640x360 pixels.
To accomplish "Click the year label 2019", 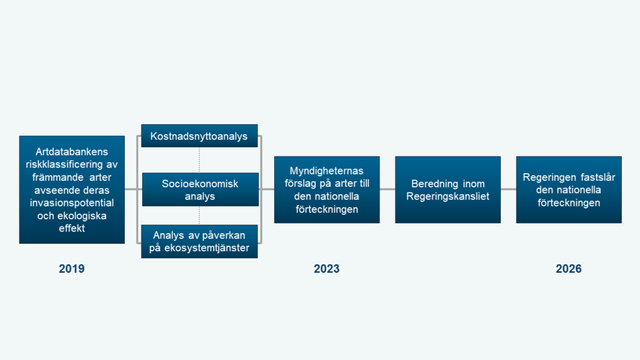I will pos(71,269).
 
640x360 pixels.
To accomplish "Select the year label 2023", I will pos(326,269).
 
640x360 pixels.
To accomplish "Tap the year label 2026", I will pos(568,269).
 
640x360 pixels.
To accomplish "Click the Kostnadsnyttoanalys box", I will pos(199,136).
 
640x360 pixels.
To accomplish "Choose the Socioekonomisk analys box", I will pos(199,190).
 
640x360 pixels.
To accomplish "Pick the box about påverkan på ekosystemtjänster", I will pos(199,242).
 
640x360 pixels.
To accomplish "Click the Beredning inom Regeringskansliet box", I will pos(447,190).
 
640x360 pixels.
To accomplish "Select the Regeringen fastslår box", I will pos(568,190).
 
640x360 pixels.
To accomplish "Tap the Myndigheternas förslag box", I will pos(326,190).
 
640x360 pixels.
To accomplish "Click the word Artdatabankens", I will pos(71,152).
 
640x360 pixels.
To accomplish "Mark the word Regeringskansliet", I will pos(447,196).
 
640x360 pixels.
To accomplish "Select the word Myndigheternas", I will pos(326,171).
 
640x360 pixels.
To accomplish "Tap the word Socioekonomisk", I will pos(199,183).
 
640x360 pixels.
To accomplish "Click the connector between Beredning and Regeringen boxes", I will pos(508,190).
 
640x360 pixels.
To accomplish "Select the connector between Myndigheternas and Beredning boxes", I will pos(387,190).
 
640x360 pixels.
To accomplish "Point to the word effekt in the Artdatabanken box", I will pos(71,229).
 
